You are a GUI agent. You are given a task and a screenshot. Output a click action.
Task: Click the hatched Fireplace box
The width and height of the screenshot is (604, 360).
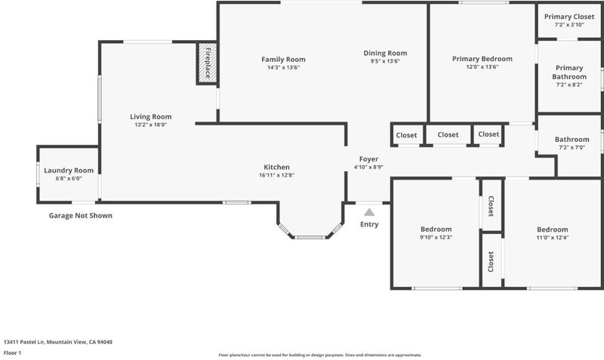pos(208,63)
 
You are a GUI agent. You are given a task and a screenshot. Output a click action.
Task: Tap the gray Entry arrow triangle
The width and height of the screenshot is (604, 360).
pos(369,212)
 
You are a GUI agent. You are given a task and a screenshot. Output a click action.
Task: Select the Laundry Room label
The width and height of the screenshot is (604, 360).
pos(69,170)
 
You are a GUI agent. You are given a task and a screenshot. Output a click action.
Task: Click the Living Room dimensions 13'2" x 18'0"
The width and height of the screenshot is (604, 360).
pos(150,125)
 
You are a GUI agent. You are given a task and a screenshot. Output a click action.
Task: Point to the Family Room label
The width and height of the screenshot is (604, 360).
pos(284,60)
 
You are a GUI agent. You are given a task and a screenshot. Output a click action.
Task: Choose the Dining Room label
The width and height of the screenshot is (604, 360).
pos(385,53)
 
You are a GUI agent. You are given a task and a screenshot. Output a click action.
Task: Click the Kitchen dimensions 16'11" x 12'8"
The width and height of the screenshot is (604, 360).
pos(277,175)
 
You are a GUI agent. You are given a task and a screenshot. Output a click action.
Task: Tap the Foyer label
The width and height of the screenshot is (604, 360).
pos(368,159)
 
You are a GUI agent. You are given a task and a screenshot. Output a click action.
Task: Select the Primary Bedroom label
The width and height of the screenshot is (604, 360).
pos(482,59)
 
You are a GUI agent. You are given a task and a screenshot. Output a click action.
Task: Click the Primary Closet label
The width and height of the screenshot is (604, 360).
pos(569,17)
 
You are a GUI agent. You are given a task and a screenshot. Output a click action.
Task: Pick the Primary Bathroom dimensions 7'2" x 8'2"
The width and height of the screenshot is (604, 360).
pos(569,85)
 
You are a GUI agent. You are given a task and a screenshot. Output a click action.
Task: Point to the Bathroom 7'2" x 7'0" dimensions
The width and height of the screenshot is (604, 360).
pos(572,147)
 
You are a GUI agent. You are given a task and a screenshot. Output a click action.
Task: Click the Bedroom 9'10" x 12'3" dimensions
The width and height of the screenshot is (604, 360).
pos(436,237)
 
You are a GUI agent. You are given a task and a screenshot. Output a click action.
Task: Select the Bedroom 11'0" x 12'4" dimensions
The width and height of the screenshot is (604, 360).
pos(553,238)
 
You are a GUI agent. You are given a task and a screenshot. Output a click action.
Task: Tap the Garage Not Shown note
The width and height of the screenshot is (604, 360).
pos(81,216)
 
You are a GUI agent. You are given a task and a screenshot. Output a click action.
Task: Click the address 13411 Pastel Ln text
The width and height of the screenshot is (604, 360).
pos(24,342)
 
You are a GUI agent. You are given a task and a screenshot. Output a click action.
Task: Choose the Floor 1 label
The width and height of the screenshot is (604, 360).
pos(12,352)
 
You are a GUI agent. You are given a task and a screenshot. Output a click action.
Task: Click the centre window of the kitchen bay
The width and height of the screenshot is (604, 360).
pos(310,237)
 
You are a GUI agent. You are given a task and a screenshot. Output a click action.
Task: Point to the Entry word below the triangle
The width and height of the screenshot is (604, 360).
pos(369,224)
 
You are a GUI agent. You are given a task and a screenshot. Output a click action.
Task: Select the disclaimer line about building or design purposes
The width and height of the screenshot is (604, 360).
pos(320,355)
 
